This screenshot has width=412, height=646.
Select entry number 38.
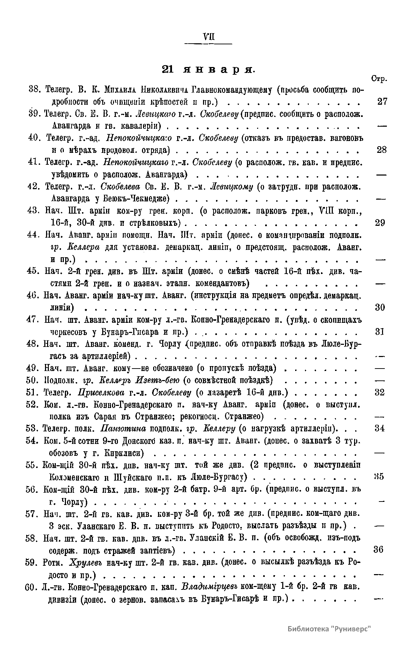34,90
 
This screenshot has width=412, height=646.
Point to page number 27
382,102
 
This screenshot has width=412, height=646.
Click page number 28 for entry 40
382,150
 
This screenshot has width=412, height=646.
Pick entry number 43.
33,210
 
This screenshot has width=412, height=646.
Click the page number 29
380,223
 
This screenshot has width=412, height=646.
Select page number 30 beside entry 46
380,307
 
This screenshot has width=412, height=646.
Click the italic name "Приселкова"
102,392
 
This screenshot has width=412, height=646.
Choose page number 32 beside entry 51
380,392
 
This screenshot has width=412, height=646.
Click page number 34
380,428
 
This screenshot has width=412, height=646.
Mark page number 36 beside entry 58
379,549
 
